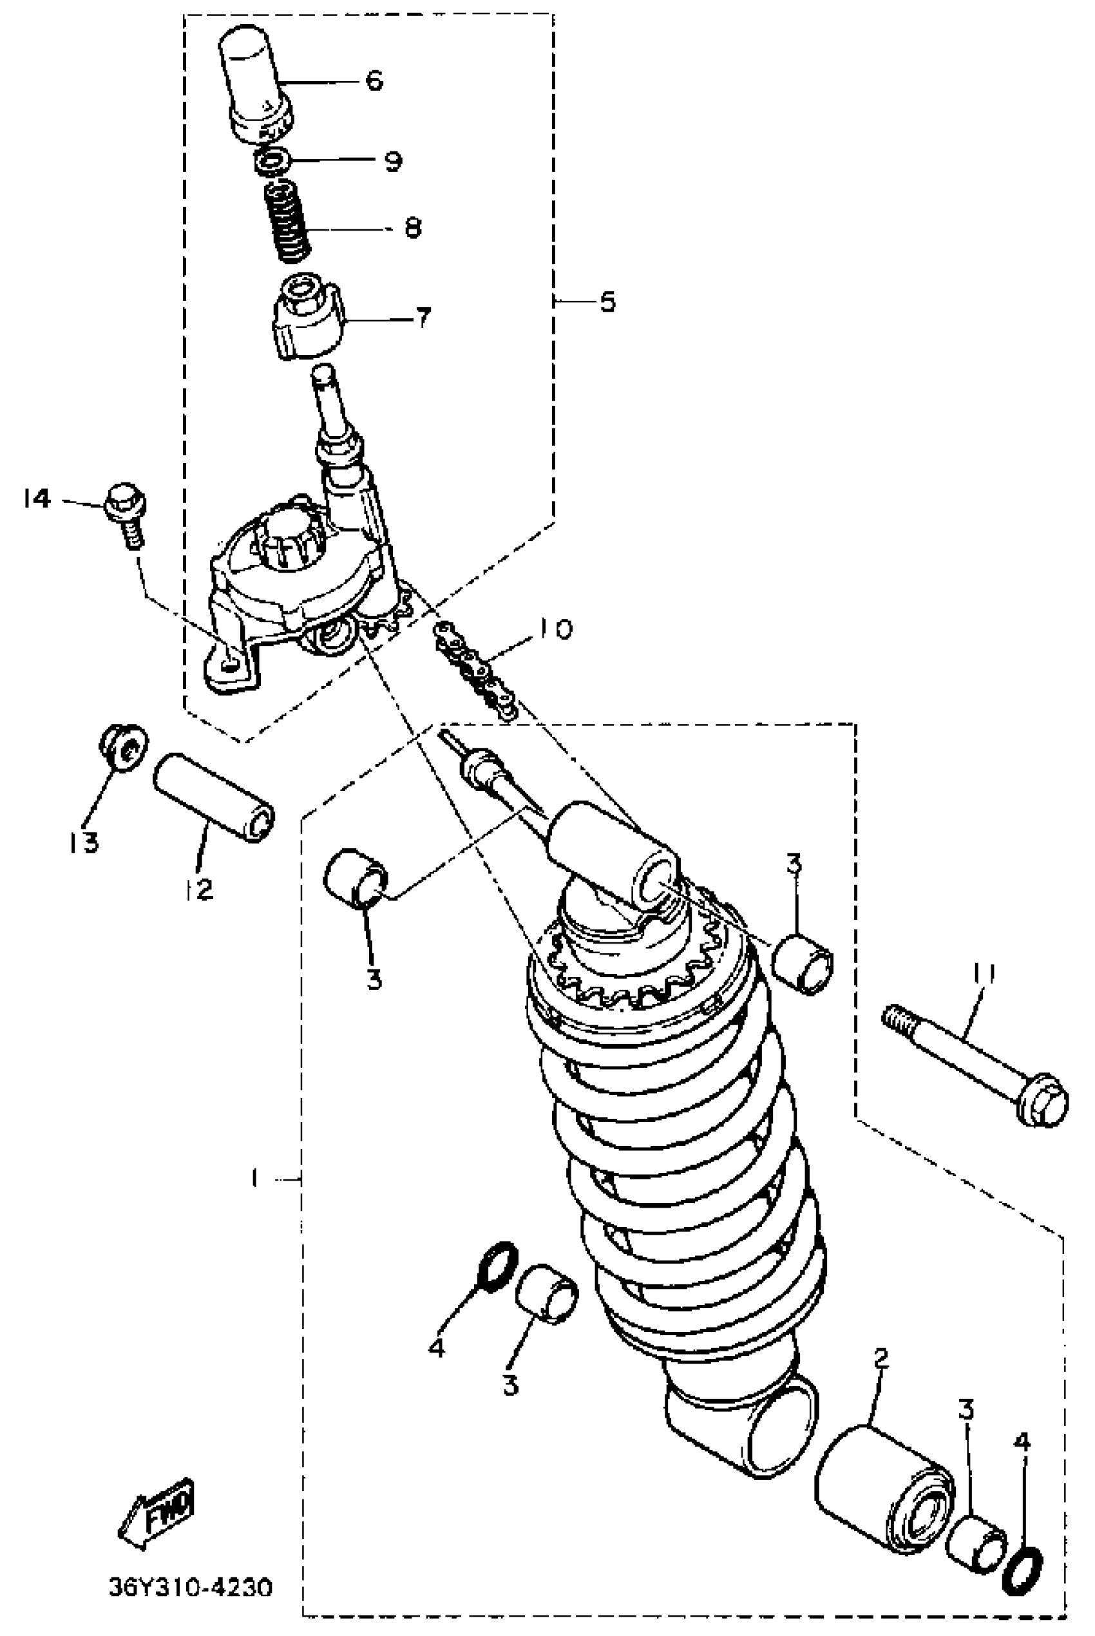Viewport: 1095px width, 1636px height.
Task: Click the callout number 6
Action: pos(375,81)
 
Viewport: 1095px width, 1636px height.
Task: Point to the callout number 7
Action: pos(423,318)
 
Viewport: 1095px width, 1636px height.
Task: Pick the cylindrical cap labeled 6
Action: pos(255,82)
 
